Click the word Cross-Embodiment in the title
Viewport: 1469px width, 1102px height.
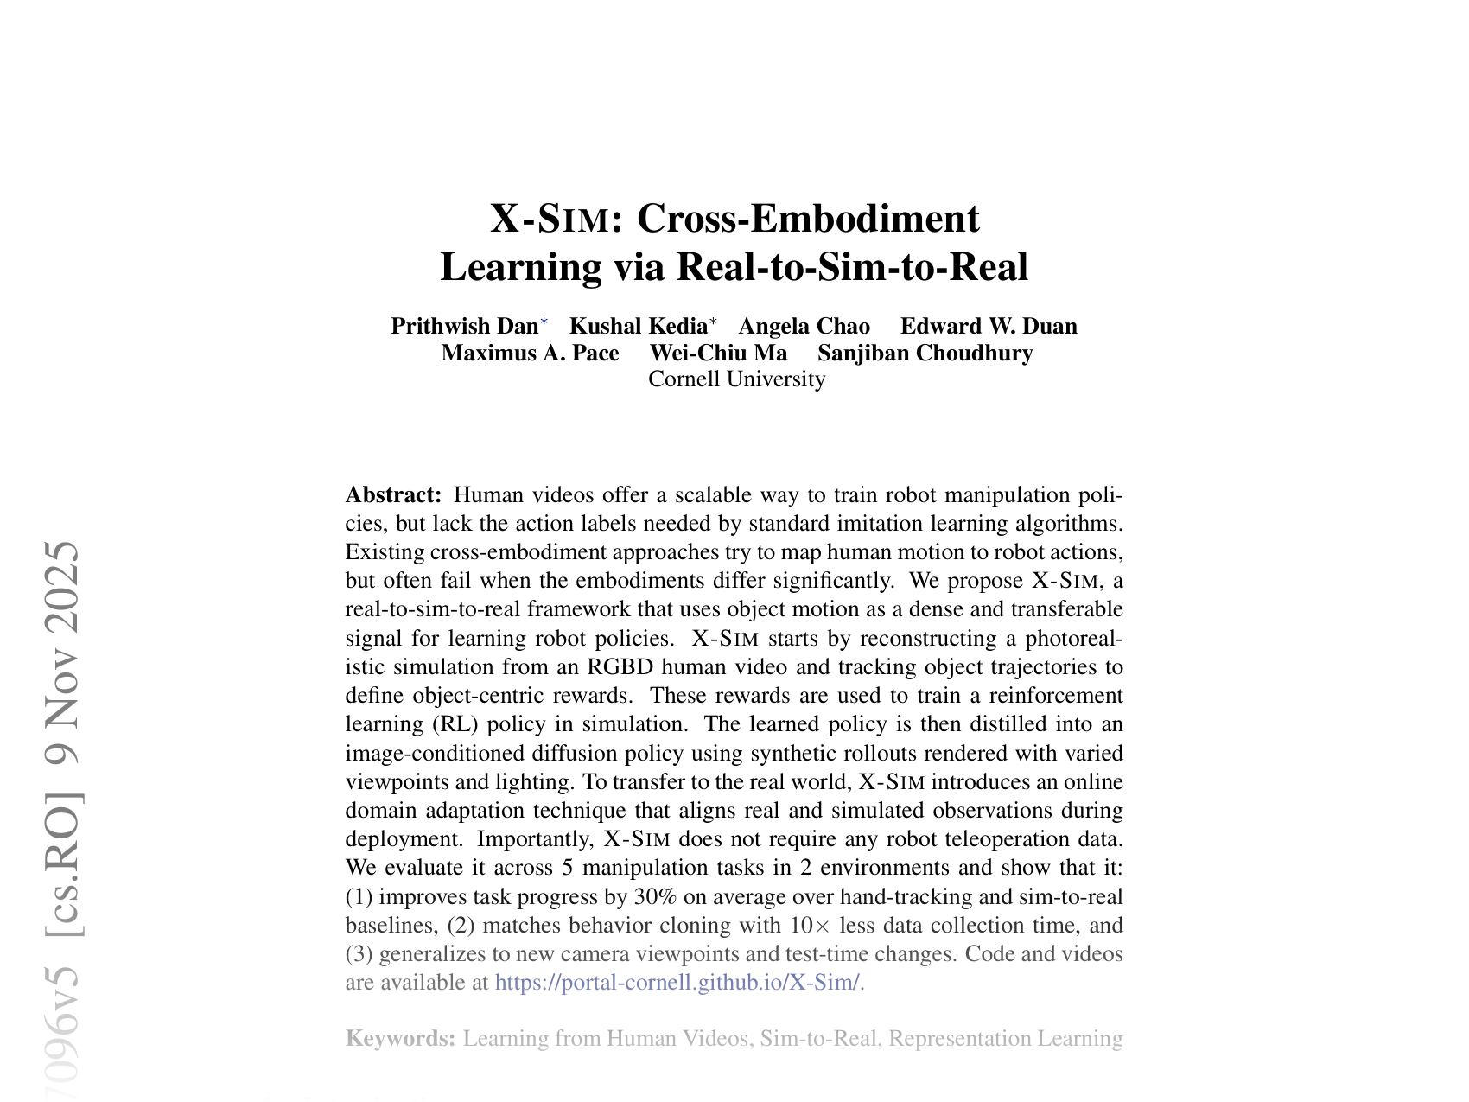tap(808, 219)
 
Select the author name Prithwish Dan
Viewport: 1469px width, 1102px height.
tap(464, 326)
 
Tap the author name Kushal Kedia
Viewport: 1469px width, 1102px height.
tap(639, 326)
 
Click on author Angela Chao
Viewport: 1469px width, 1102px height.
tap(804, 326)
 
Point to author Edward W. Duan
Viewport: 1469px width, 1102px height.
tap(989, 326)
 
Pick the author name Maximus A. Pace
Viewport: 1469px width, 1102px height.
tap(530, 354)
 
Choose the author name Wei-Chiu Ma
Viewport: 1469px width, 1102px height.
tap(718, 354)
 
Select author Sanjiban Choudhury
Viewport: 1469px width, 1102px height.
tap(925, 354)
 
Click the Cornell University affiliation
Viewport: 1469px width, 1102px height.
tap(736, 379)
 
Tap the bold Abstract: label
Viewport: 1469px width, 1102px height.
tap(394, 495)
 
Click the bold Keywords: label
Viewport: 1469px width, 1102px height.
tap(400, 1038)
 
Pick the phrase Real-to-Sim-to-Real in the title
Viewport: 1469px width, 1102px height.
tap(851, 267)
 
